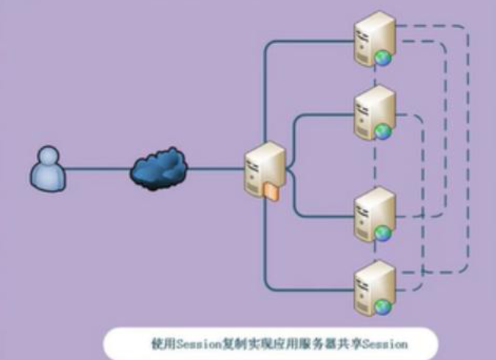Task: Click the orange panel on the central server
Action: coord(271,192)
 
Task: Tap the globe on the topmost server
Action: coord(382,59)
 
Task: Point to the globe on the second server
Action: coord(382,132)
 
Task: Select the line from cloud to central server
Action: coord(216,170)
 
